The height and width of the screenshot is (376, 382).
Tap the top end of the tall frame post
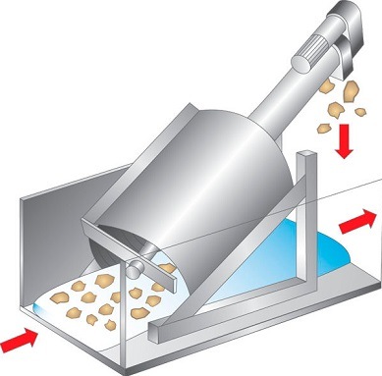click(305, 155)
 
